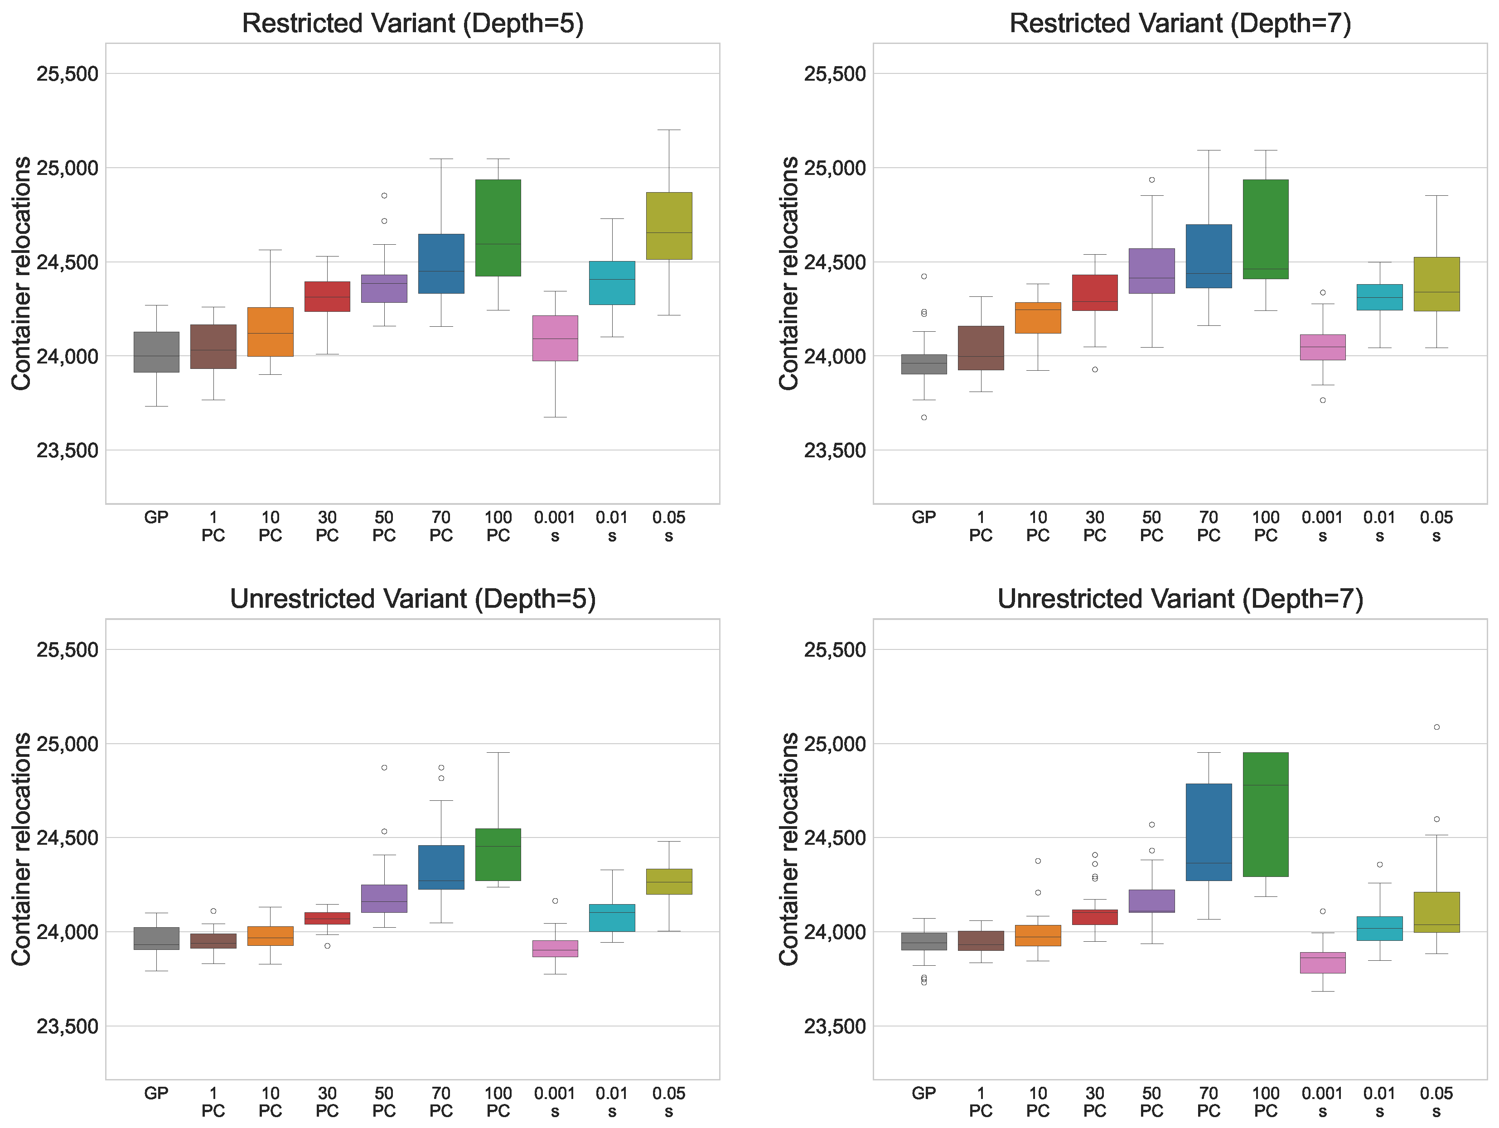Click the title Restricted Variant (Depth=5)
coord(413,24)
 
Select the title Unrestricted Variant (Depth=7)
coord(1180,599)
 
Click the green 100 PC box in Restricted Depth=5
coord(498,228)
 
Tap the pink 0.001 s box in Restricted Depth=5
coord(555,338)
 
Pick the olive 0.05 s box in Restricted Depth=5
coord(669,226)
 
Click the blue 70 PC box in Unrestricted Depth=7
coord(1208,833)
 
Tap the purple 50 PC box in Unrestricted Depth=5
coord(384,899)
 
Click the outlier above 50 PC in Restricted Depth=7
coord(1151,179)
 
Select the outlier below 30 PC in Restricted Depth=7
coord(1094,369)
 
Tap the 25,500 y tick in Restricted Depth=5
coord(67,73)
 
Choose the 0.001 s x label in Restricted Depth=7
coord(1322,526)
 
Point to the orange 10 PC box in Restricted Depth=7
coord(1038,318)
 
